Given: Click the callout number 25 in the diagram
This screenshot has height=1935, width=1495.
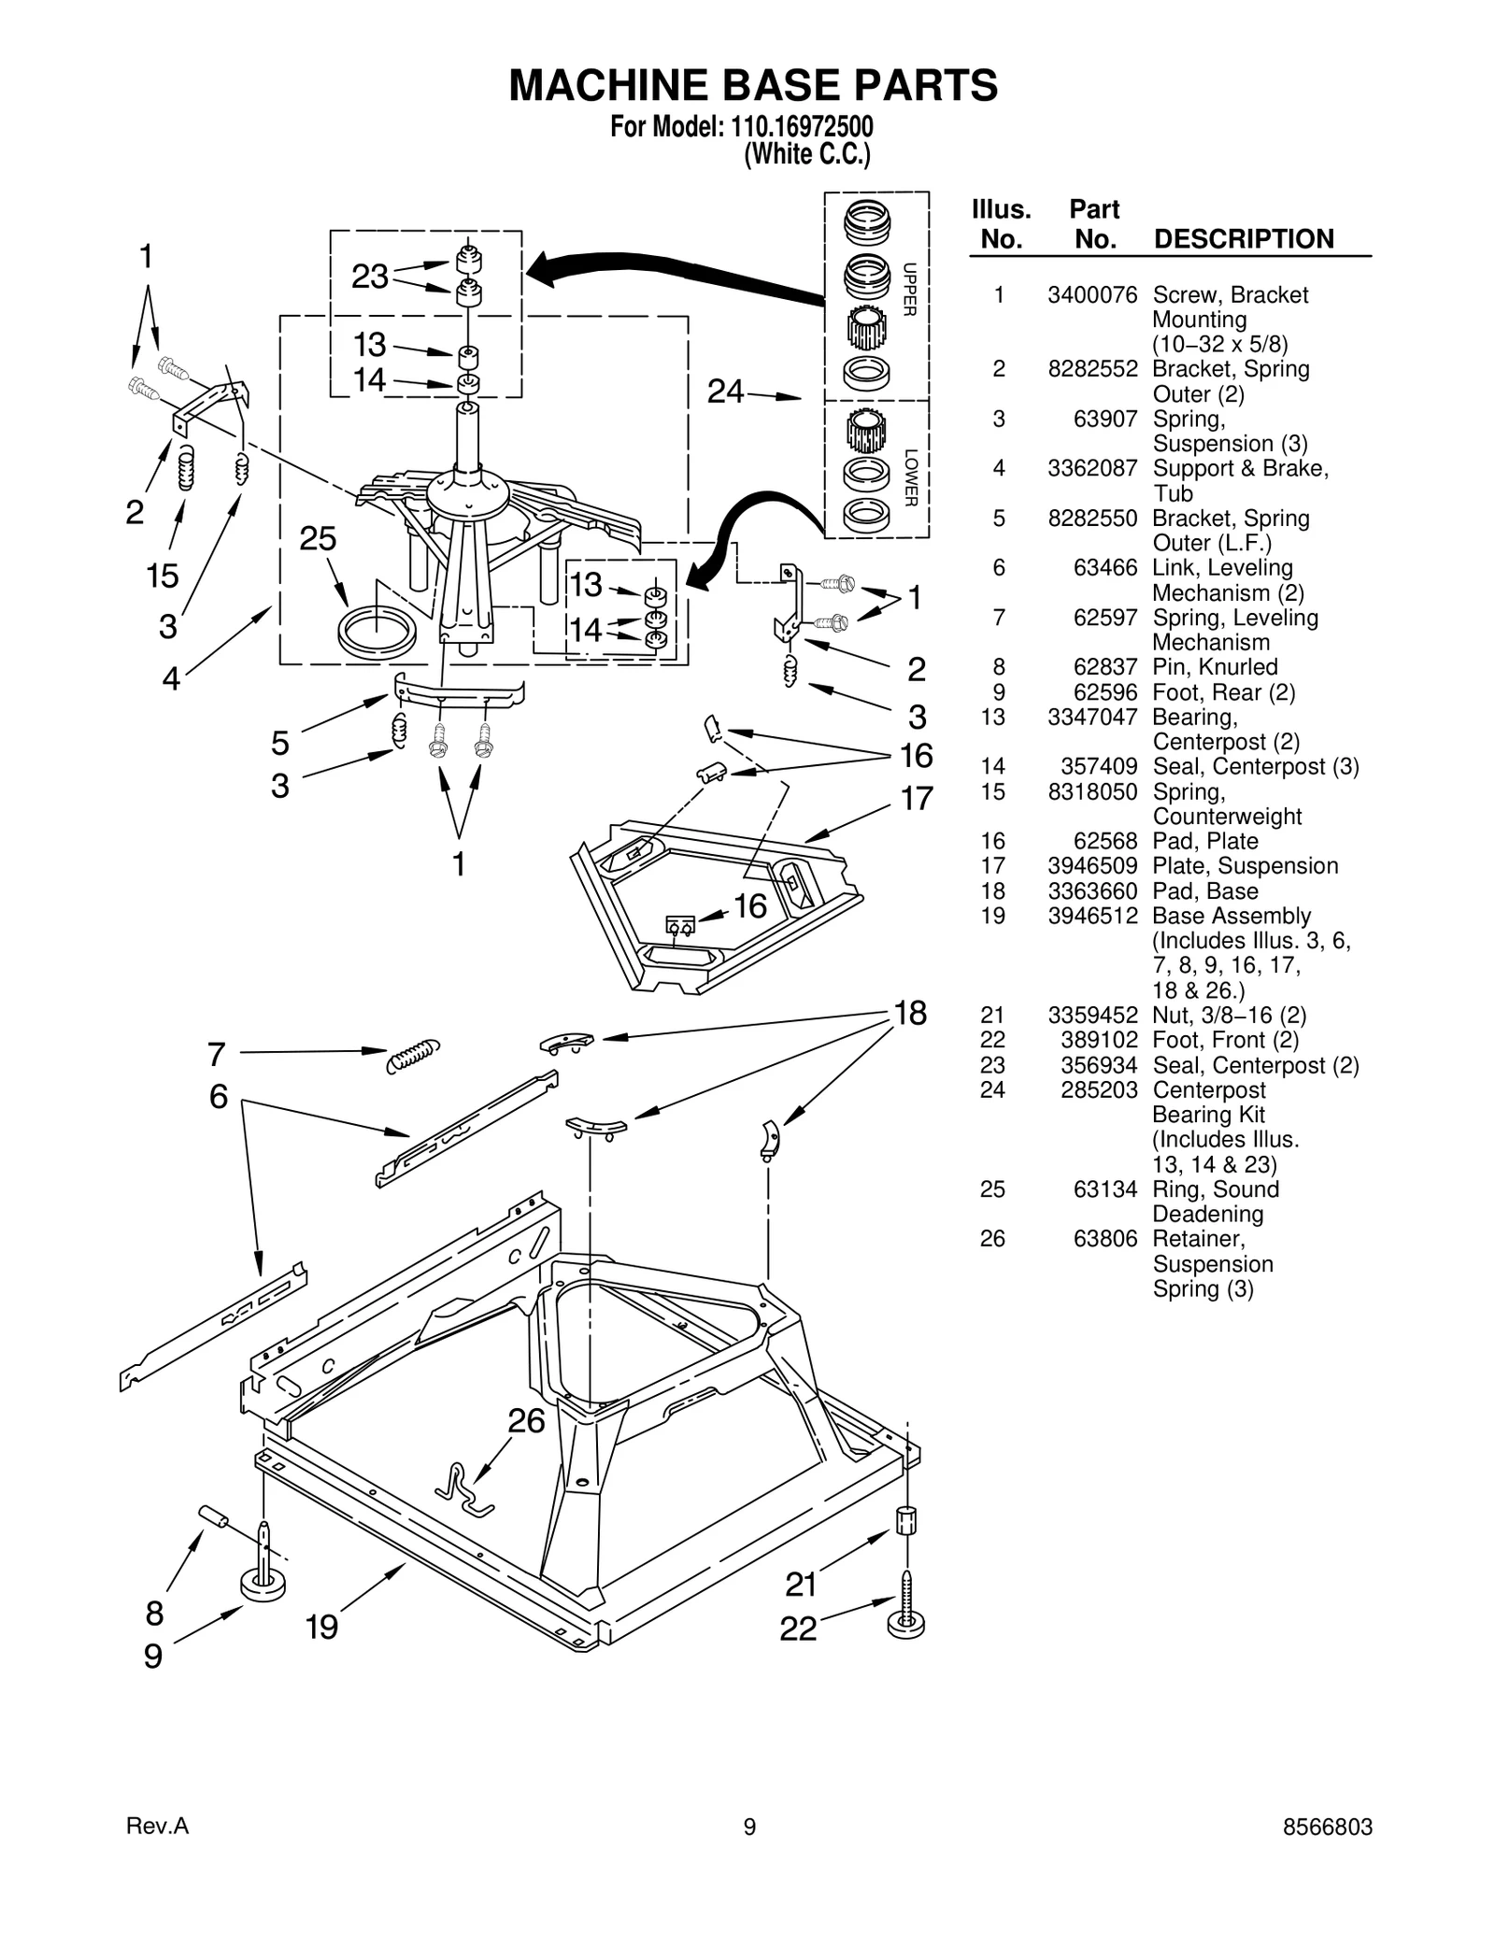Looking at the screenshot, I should point(318,539).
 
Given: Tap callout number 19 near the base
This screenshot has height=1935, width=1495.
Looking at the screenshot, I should point(321,1627).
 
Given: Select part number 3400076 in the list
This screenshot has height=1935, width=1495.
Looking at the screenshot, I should point(1091,295).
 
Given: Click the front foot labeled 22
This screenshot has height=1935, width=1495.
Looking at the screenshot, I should point(905,1622).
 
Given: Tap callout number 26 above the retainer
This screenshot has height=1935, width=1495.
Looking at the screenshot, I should point(526,1421).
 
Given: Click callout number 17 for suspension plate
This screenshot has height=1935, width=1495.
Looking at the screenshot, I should point(917,799).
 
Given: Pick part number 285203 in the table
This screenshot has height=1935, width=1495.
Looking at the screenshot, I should point(1099,1090).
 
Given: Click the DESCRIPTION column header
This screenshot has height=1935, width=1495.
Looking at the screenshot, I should point(1244,239).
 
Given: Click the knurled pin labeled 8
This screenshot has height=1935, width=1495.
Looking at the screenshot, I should point(214,1515).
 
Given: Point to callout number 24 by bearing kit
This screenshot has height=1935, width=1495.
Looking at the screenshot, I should point(725,391).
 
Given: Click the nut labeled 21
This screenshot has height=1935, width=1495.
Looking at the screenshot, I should point(905,1521).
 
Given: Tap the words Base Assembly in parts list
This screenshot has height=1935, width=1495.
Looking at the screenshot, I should point(1231,917).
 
